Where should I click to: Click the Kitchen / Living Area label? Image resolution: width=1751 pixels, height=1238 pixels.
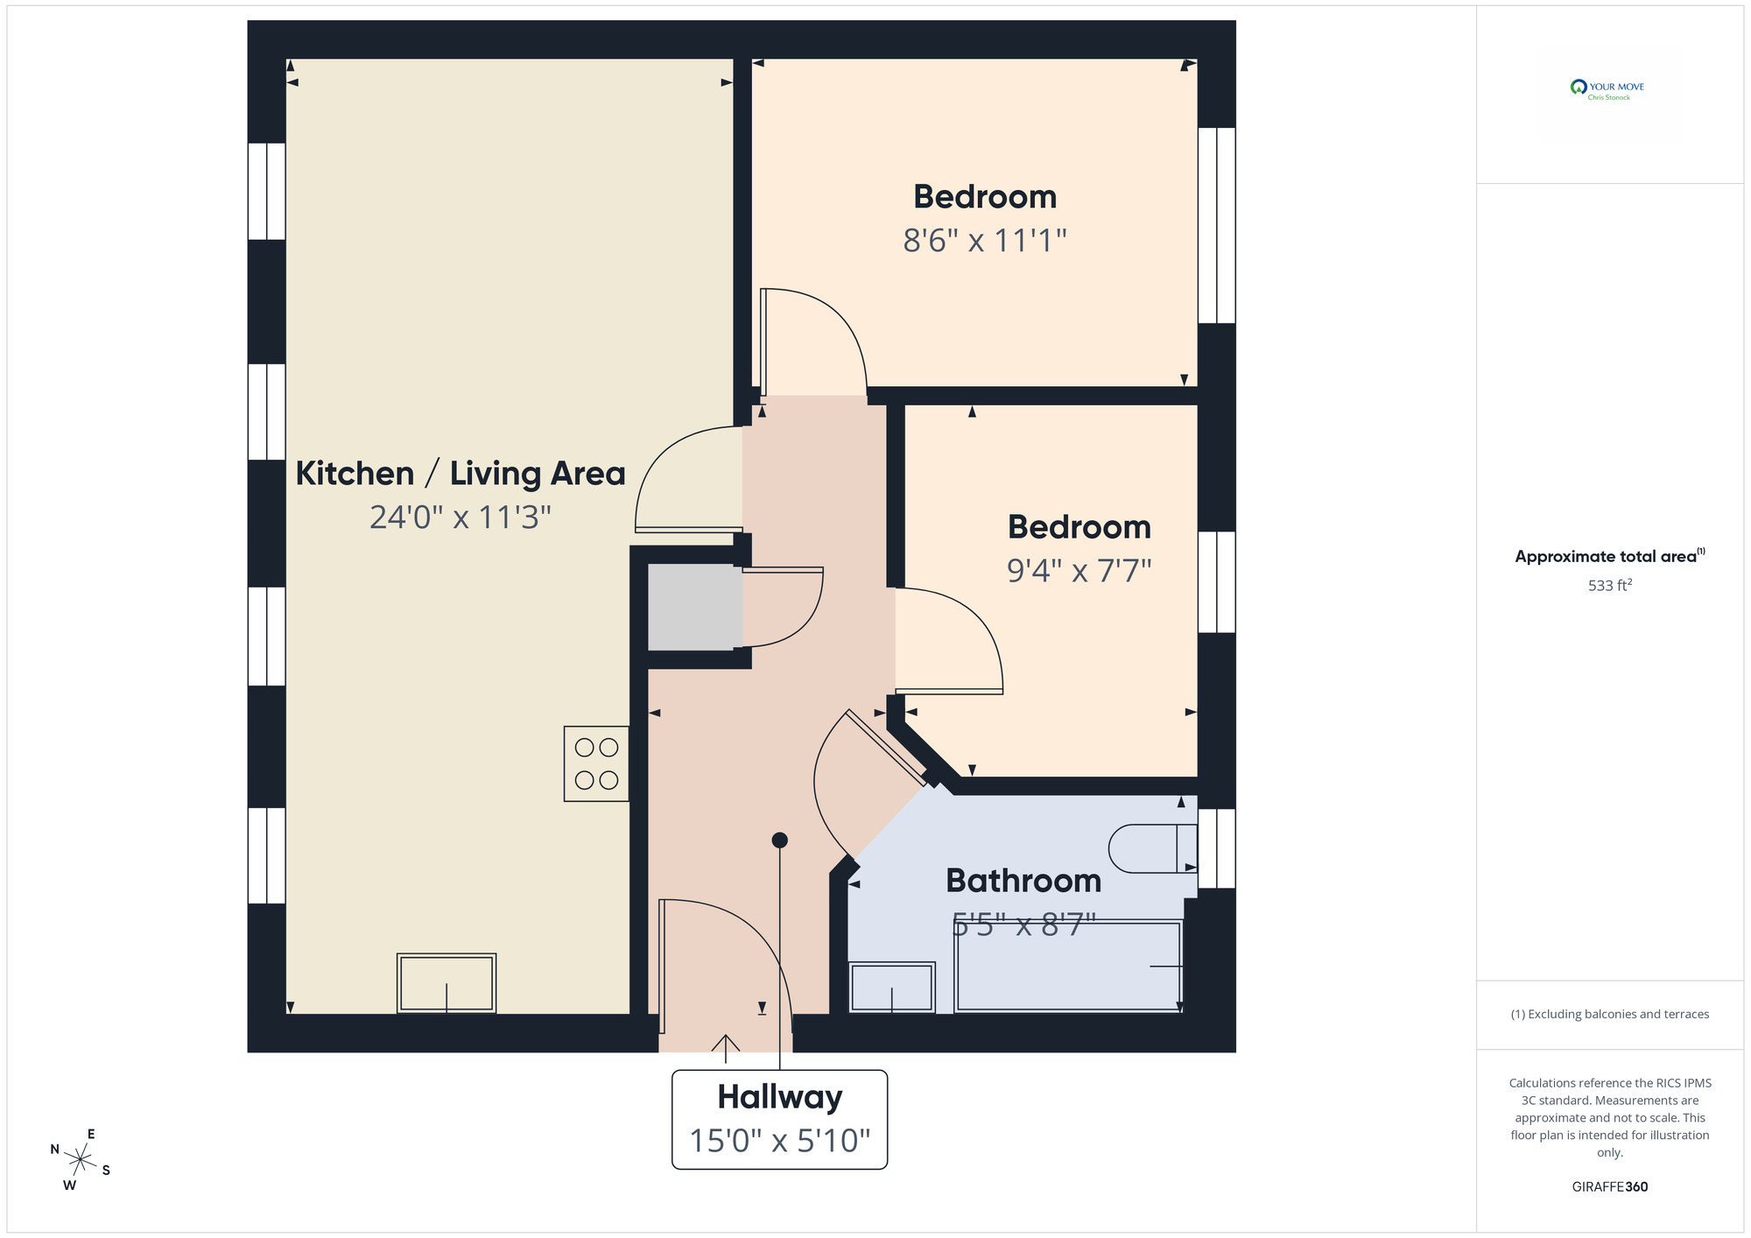coord(461,474)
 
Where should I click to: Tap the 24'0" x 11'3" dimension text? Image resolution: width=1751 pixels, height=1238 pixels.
coord(461,517)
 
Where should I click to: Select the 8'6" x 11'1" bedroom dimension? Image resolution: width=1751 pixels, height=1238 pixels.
coord(985,240)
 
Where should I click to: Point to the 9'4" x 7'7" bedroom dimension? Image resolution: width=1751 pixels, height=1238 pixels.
coord(1079,571)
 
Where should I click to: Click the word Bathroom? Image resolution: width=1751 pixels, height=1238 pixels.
coord(1023,881)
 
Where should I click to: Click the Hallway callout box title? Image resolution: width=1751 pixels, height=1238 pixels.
coord(779,1097)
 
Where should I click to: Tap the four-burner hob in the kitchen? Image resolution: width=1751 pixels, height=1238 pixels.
coord(596,763)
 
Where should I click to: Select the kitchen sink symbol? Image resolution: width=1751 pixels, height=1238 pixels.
coord(447,983)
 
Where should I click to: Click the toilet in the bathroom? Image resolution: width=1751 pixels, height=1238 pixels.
coord(1151,848)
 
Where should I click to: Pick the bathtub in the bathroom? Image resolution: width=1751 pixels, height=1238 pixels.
coord(1068,967)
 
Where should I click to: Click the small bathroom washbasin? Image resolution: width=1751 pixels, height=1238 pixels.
coord(892,988)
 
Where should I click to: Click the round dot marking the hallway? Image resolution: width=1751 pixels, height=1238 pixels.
coord(779,841)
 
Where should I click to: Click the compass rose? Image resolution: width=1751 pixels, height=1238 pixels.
coord(81,1161)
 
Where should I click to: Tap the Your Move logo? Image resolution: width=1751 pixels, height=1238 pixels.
coord(1608,89)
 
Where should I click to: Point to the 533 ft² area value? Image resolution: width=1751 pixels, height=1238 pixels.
coord(1609,585)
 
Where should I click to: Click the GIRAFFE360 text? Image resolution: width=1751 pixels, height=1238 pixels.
coord(1609,1187)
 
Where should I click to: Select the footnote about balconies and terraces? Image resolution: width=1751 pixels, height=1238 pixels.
coord(1609,1015)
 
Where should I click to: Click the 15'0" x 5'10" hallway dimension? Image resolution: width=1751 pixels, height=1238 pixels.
coord(779,1141)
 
